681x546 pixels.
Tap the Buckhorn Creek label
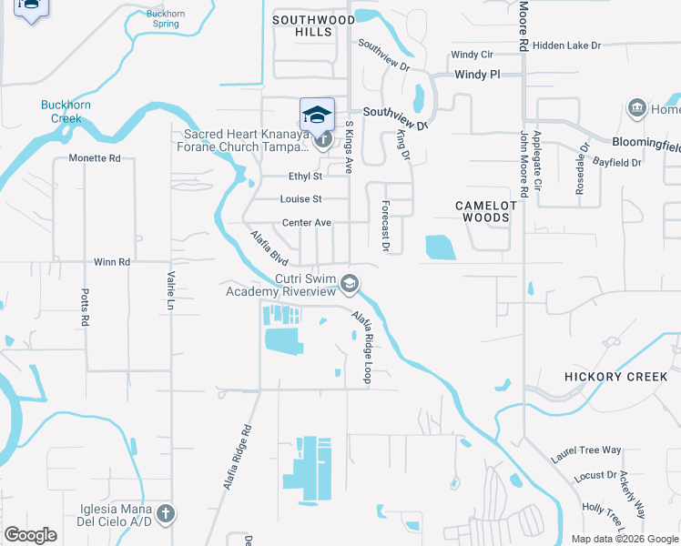tap(66, 112)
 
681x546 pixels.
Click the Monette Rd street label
tap(95, 158)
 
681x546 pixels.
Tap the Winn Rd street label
tap(112, 262)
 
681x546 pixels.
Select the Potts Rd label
tap(85, 308)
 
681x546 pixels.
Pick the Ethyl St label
tap(305, 177)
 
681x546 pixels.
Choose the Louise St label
tap(301, 199)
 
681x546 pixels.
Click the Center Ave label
tap(307, 223)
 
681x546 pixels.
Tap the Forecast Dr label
tap(386, 226)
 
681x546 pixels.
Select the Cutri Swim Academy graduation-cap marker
tap(349, 285)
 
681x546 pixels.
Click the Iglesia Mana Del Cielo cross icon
tap(165, 513)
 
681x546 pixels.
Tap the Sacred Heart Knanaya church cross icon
tap(321, 140)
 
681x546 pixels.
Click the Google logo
tap(31, 535)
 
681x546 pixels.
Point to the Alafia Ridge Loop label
tap(362, 346)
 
